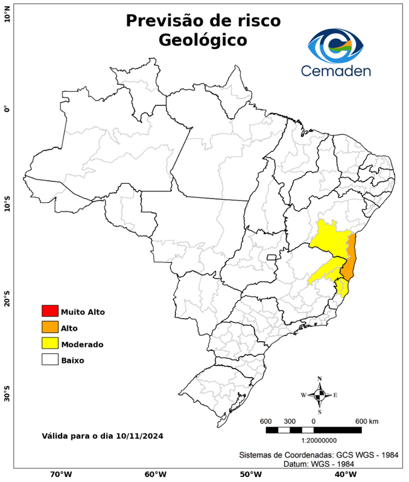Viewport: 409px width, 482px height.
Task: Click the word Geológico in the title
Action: coord(202,40)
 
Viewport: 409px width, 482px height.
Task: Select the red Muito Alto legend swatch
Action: coord(50,311)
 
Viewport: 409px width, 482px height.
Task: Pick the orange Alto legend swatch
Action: coord(50,328)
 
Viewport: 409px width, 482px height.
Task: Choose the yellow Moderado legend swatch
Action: coord(50,344)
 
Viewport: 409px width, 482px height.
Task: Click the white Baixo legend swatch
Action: coord(50,360)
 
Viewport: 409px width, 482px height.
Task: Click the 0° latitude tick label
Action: coord(7,109)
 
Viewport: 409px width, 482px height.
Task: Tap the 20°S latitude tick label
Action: coord(7,298)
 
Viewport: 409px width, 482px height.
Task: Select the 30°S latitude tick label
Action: coord(7,395)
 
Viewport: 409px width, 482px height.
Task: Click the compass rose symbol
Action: coord(319,395)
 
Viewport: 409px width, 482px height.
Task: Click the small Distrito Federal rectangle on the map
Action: coord(272,257)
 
